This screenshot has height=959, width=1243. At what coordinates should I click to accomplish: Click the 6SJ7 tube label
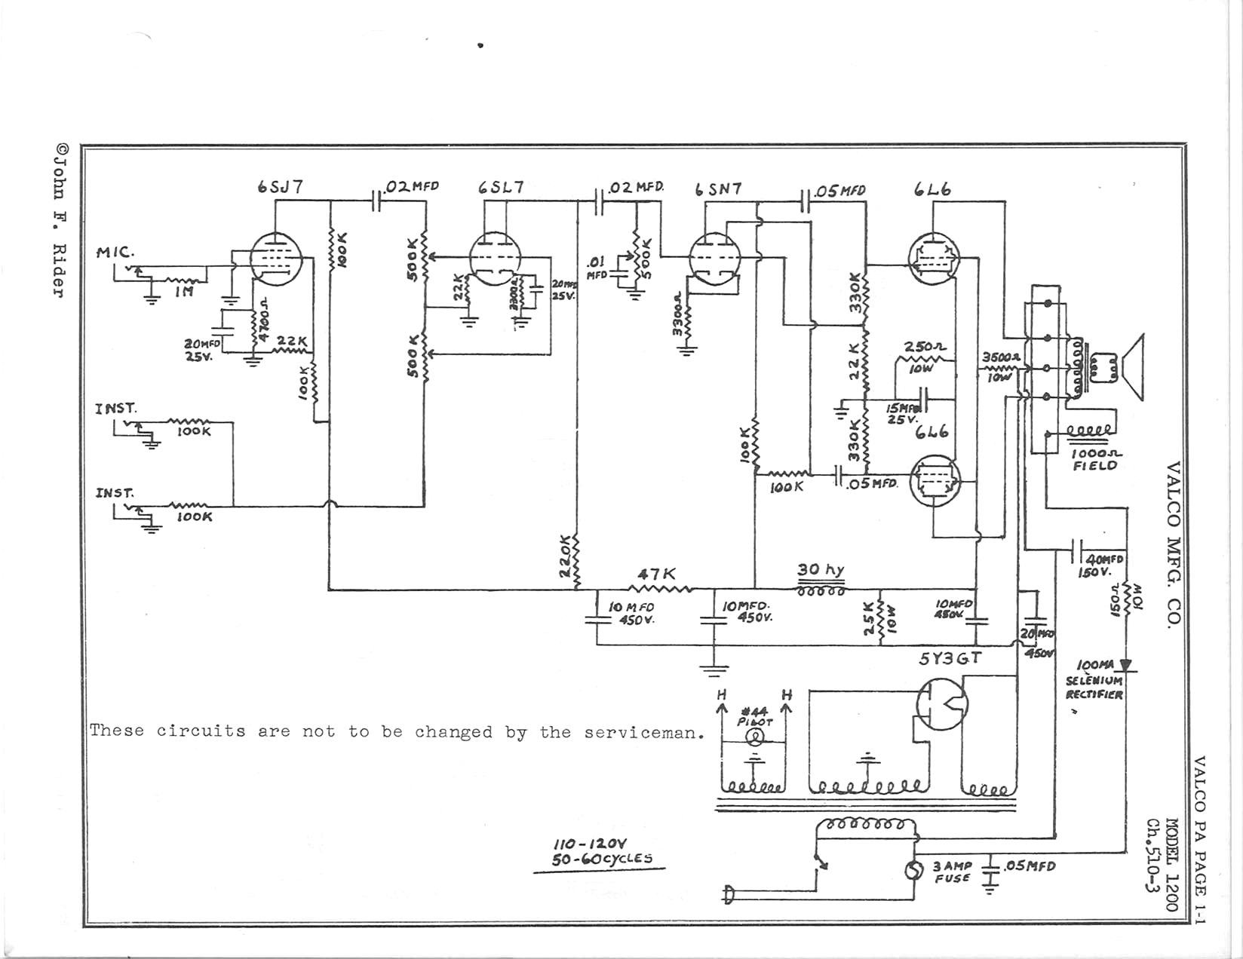tap(281, 187)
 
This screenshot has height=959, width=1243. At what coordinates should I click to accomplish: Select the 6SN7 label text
tap(718, 190)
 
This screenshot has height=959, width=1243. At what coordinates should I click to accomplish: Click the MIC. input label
tap(115, 252)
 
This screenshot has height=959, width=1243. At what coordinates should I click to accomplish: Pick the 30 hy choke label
tap(821, 570)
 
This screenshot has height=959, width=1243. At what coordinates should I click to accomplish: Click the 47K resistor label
tap(658, 575)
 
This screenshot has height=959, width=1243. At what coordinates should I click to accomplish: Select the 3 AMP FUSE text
tap(953, 872)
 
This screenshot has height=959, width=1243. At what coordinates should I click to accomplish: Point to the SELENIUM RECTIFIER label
tap(1094, 687)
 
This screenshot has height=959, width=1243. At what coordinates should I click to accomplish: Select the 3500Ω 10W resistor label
tap(1000, 366)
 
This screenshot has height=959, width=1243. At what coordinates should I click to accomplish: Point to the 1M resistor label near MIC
tap(183, 292)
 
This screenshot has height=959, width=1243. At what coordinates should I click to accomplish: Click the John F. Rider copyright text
tap(59, 219)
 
